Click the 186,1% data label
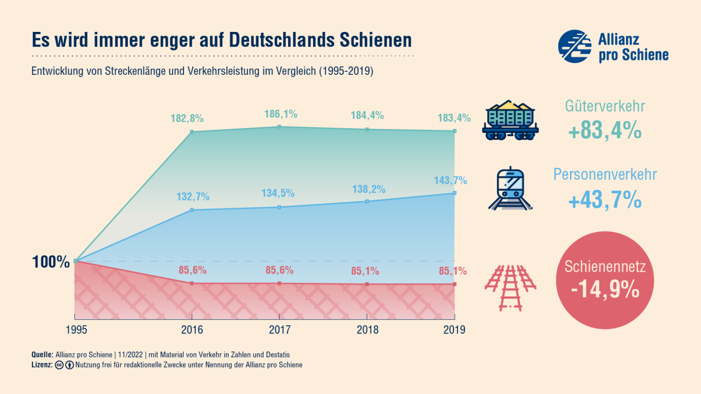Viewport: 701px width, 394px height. pyautogui.click(x=281, y=114)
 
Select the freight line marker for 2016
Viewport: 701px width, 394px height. pyautogui.click(x=192, y=132)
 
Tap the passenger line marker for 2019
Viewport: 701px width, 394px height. pyautogui.click(x=455, y=193)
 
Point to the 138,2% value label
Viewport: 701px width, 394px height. pyautogui.click(x=369, y=189)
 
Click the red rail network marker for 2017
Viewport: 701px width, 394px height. pyautogui.click(x=279, y=283)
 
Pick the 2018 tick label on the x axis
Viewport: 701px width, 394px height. pyautogui.click(x=367, y=330)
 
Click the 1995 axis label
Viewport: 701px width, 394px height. pyautogui.click(x=76, y=330)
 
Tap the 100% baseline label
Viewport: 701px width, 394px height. pyautogui.click(x=51, y=262)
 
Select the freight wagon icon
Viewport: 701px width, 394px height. pyautogui.click(x=510, y=120)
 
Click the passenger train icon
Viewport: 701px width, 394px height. pyautogui.click(x=510, y=189)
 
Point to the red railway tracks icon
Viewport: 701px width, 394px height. pyautogui.click(x=510, y=287)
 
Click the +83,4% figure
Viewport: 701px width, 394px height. pyautogui.click(x=605, y=130)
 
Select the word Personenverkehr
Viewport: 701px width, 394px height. pyautogui.click(x=605, y=174)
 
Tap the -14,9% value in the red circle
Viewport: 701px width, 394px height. pyautogui.click(x=605, y=289)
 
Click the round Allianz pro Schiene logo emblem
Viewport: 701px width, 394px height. pyautogui.click(x=575, y=47)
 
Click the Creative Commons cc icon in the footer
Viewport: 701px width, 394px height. pyautogui.click(x=59, y=365)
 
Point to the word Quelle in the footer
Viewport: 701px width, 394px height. pyautogui.click(x=42, y=355)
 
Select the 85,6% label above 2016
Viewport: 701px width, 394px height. pyautogui.click(x=193, y=270)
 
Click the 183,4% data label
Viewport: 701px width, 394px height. pyautogui.click(x=454, y=118)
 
